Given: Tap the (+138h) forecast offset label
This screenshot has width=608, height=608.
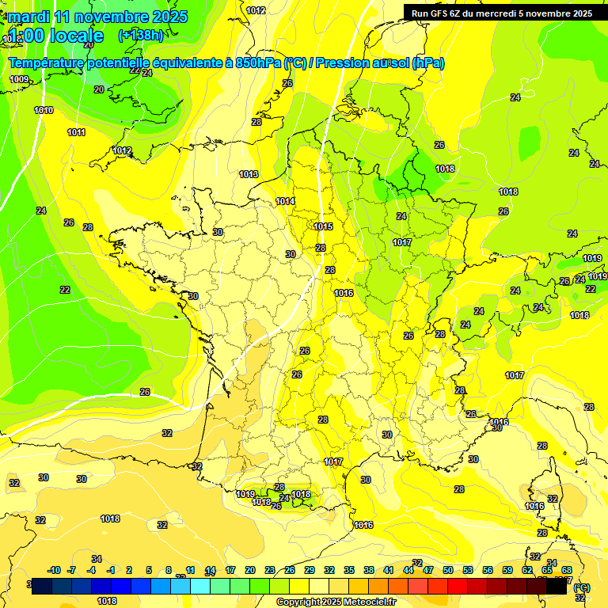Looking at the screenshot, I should click(x=141, y=35).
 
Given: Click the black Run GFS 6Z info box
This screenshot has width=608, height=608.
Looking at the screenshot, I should click(x=502, y=13).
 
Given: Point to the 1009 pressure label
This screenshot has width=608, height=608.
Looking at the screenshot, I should click(x=19, y=79).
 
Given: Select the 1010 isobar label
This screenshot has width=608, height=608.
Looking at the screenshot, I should click(x=44, y=110).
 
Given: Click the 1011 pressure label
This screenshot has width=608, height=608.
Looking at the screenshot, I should click(x=76, y=132).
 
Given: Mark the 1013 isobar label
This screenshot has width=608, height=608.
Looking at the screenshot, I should click(x=249, y=174).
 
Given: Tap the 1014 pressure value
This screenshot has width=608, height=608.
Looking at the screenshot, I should click(x=286, y=202).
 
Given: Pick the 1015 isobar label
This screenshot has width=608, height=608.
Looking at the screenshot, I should click(x=322, y=226).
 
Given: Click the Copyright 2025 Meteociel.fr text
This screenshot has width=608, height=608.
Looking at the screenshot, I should click(x=336, y=602).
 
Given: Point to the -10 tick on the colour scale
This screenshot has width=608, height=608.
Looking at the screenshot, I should click(x=55, y=570).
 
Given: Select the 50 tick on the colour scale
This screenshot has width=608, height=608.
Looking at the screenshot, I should click(x=447, y=570).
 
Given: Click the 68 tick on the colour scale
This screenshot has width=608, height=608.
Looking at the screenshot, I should click(x=567, y=570).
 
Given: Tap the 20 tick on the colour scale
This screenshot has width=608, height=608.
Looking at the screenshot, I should click(x=249, y=570).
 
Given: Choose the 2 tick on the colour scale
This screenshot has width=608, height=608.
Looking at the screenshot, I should click(x=128, y=570).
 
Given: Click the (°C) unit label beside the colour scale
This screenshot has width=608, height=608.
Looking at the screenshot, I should click(x=581, y=587).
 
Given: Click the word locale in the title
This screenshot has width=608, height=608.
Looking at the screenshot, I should click(x=76, y=36).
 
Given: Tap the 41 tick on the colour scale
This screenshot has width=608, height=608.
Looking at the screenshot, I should click(x=388, y=570).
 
